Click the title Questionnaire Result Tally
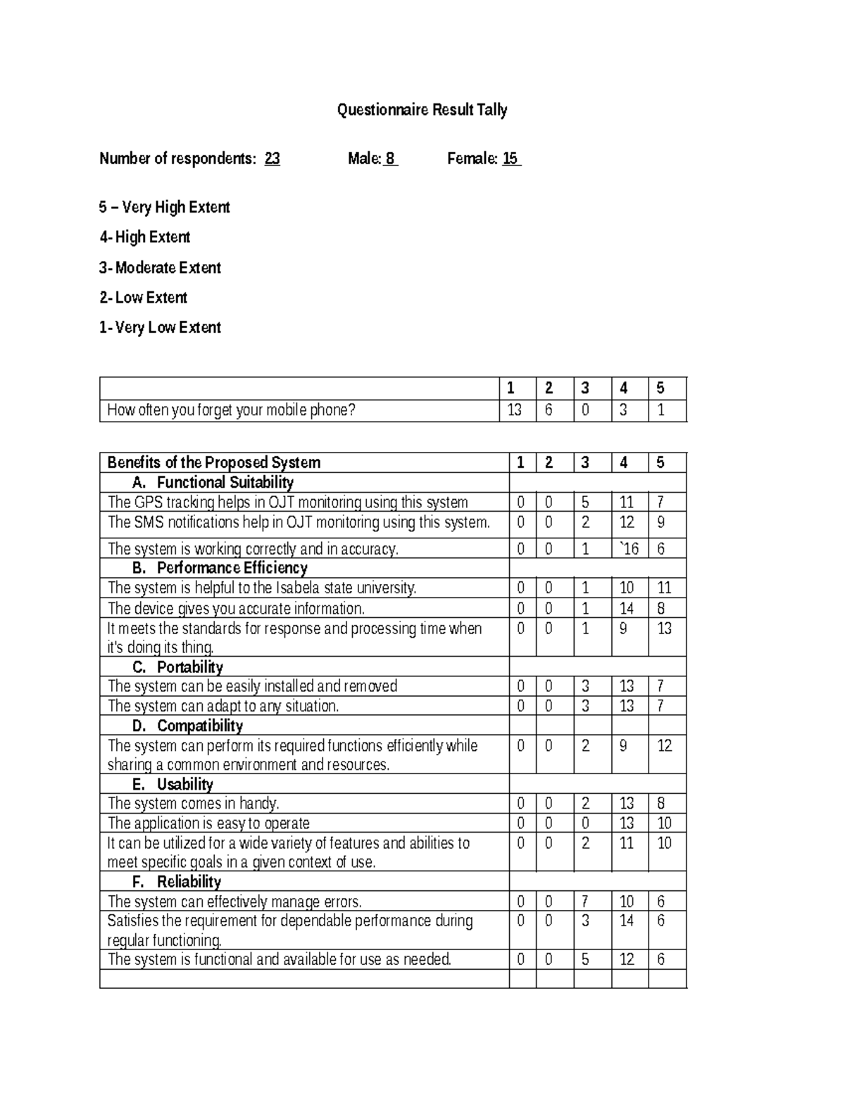pos(422,110)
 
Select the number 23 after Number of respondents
pos(272,158)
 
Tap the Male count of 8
pos(390,158)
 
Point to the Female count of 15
pos(511,158)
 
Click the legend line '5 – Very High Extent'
pos(164,207)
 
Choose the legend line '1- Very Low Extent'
pos(160,327)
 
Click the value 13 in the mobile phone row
pos(515,410)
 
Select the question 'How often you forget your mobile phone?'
pos(231,410)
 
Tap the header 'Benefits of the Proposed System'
pos(213,462)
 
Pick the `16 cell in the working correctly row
pos(628,548)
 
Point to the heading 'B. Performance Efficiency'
pos(219,567)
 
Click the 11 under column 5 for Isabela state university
pos(664,588)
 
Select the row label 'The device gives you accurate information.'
pos(236,608)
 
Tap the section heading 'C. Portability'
pos(177,666)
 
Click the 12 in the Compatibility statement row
pos(664,745)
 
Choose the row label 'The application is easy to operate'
pos(208,823)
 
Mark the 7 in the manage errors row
pos(584,902)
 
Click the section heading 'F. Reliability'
pos(176,881)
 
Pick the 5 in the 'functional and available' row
pos(584,959)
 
